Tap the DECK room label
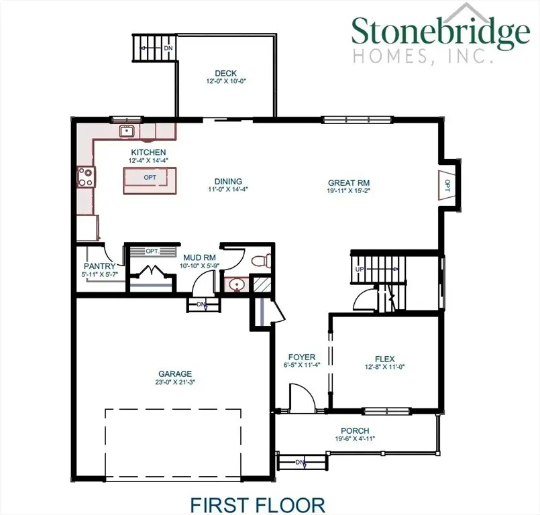226,74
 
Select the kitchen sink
126,131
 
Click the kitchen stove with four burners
86,176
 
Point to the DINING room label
228,182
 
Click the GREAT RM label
349,182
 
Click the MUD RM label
199,257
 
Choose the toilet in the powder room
260,260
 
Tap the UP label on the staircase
360,269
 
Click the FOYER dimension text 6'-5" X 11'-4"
302,365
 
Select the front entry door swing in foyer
301,397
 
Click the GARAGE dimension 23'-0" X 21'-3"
175,382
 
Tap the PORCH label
355,431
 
